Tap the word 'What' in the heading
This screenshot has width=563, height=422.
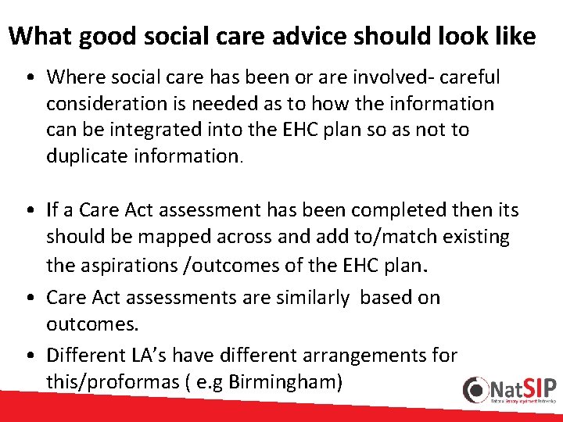[38, 36]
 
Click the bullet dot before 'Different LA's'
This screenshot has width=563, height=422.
[29, 356]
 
